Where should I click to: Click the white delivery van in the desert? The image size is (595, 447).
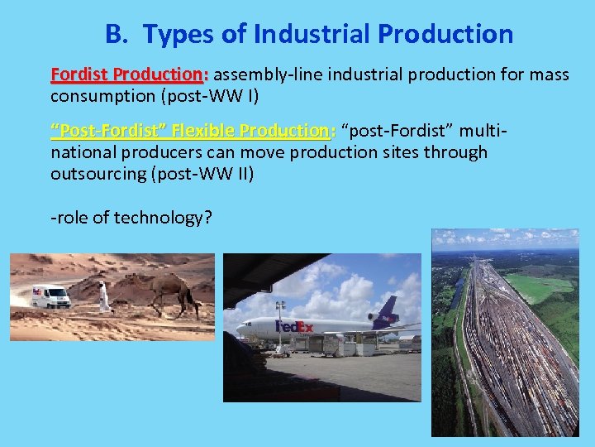pos(51,296)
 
